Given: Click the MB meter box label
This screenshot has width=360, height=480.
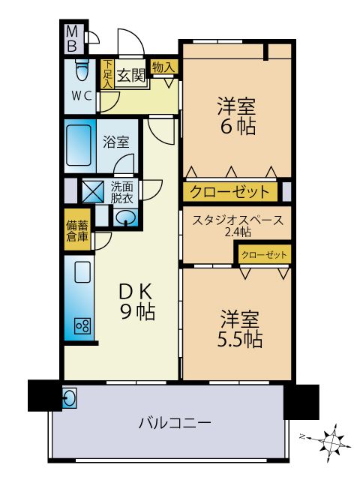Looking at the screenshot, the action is tap(72, 39).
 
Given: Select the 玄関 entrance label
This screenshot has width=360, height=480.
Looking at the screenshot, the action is tap(131, 74).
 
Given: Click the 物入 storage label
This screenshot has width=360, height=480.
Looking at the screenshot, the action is tap(163, 67).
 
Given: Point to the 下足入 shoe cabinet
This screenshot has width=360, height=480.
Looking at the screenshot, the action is tap(107, 73).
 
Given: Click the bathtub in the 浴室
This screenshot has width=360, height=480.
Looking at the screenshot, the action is tap(79, 145).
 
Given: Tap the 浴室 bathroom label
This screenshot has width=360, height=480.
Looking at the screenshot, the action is tap(116, 142).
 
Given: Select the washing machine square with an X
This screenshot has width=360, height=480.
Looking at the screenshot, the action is tap(93, 192).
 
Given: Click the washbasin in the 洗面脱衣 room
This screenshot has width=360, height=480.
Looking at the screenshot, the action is tap(126, 217).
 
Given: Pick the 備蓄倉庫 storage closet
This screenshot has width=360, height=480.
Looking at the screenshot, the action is tap(77, 229).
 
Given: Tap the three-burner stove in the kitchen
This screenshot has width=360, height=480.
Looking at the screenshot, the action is tap(82, 325).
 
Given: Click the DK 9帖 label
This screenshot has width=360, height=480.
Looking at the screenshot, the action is tap(136, 301).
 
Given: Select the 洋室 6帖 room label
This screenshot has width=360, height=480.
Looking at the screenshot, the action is tap(236, 115).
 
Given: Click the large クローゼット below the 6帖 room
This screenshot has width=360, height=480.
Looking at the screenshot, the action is tap(230, 192).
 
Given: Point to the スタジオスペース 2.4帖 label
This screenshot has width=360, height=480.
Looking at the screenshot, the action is tap(238, 225).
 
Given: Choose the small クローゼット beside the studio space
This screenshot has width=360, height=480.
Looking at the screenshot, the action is tap(264, 255).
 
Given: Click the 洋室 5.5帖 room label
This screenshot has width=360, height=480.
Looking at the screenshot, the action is tap(240, 329).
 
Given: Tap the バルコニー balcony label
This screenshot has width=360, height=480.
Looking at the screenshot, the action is tap(175, 423).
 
